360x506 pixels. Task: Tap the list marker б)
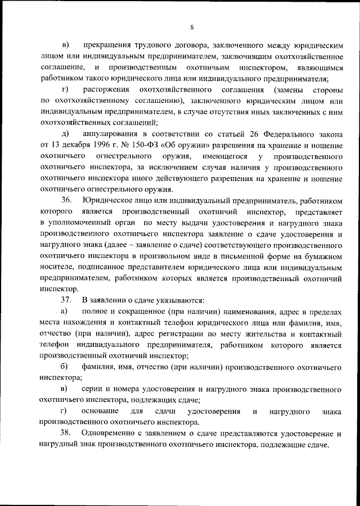coord(65,367)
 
